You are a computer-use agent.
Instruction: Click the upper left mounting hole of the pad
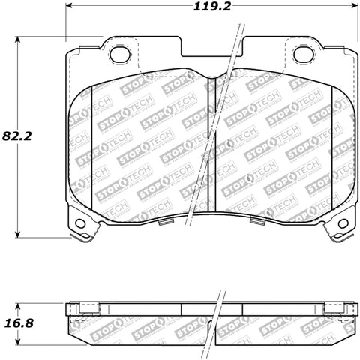click(118, 54)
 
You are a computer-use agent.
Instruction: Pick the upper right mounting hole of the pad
click(303, 54)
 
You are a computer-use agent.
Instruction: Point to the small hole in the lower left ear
click(79, 223)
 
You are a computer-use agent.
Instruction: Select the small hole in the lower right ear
click(343, 223)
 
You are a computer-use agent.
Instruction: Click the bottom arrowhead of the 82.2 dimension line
click(19, 234)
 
